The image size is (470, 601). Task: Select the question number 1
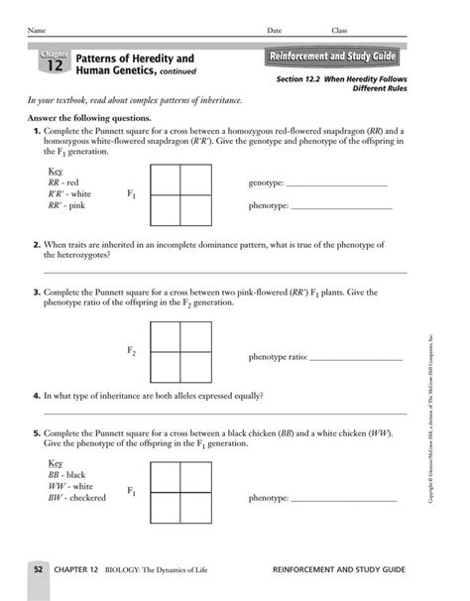tap(37, 132)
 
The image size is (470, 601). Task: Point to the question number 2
tap(37, 243)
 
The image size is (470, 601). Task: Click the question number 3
tap(37, 294)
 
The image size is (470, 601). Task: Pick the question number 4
tap(37, 395)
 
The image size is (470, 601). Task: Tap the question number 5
tap(37, 433)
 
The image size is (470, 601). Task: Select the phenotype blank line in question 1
tap(342, 207)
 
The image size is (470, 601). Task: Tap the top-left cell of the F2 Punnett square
tap(164, 338)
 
